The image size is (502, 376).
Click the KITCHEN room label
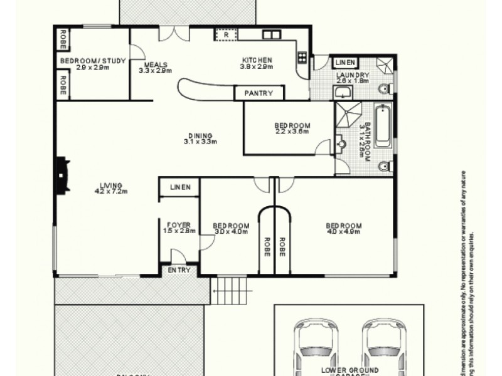257,61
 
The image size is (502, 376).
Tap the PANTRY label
259,93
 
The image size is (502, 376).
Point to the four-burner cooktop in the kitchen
301,58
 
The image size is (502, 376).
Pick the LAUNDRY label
353,75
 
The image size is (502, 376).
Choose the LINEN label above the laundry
345,62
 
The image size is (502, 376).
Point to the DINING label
200,135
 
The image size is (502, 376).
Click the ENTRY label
180,270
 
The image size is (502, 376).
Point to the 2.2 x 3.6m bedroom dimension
292,133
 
